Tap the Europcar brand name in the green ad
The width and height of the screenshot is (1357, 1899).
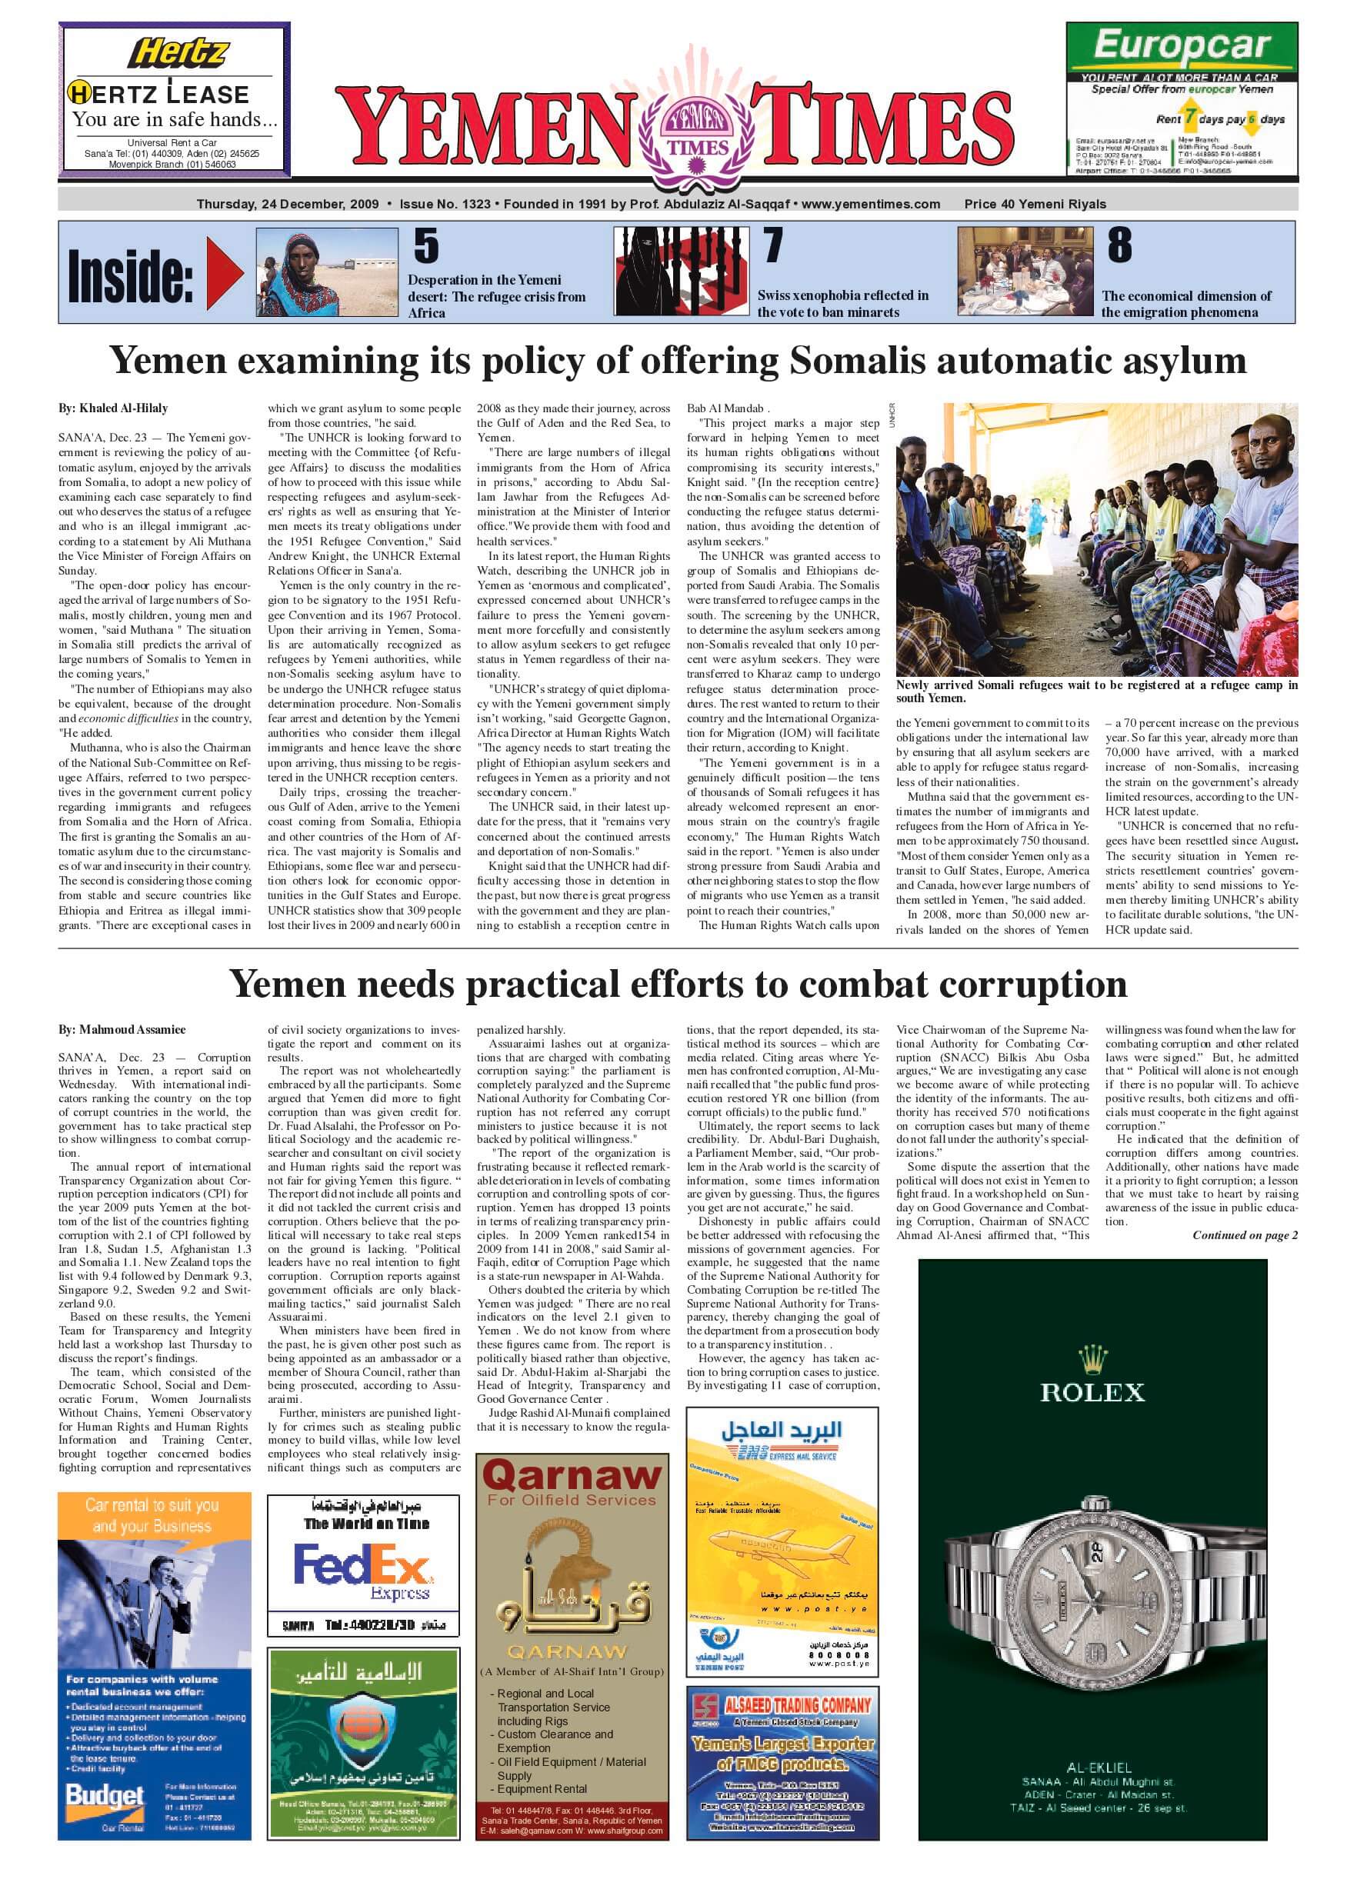[x=1182, y=45]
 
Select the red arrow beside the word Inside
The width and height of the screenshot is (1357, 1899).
[x=224, y=272]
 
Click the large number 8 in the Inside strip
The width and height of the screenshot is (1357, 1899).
[x=1120, y=245]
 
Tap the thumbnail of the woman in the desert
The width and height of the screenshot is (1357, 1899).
[x=325, y=272]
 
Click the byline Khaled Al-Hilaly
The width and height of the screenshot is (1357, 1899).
[x=113, y=408]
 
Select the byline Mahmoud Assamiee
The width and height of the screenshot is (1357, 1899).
[x=122, y=1029]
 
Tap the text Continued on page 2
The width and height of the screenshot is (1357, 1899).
[x=1244, y=1234]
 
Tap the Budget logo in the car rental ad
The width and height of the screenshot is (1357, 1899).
[x=105, y=1795]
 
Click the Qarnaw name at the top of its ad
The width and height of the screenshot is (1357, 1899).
[x=572, y=1476]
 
